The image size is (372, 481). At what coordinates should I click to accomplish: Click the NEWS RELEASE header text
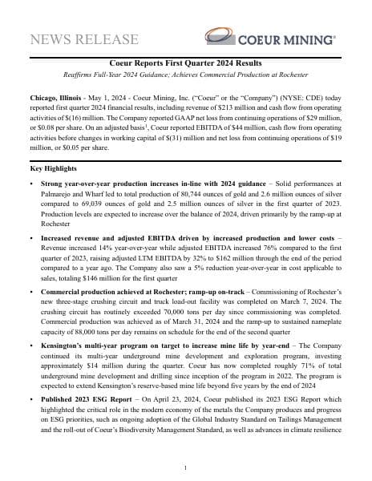pos(84,39)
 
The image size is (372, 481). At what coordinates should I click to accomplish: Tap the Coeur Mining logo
pos(269,37)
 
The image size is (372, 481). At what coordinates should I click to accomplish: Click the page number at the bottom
pos(185,467)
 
